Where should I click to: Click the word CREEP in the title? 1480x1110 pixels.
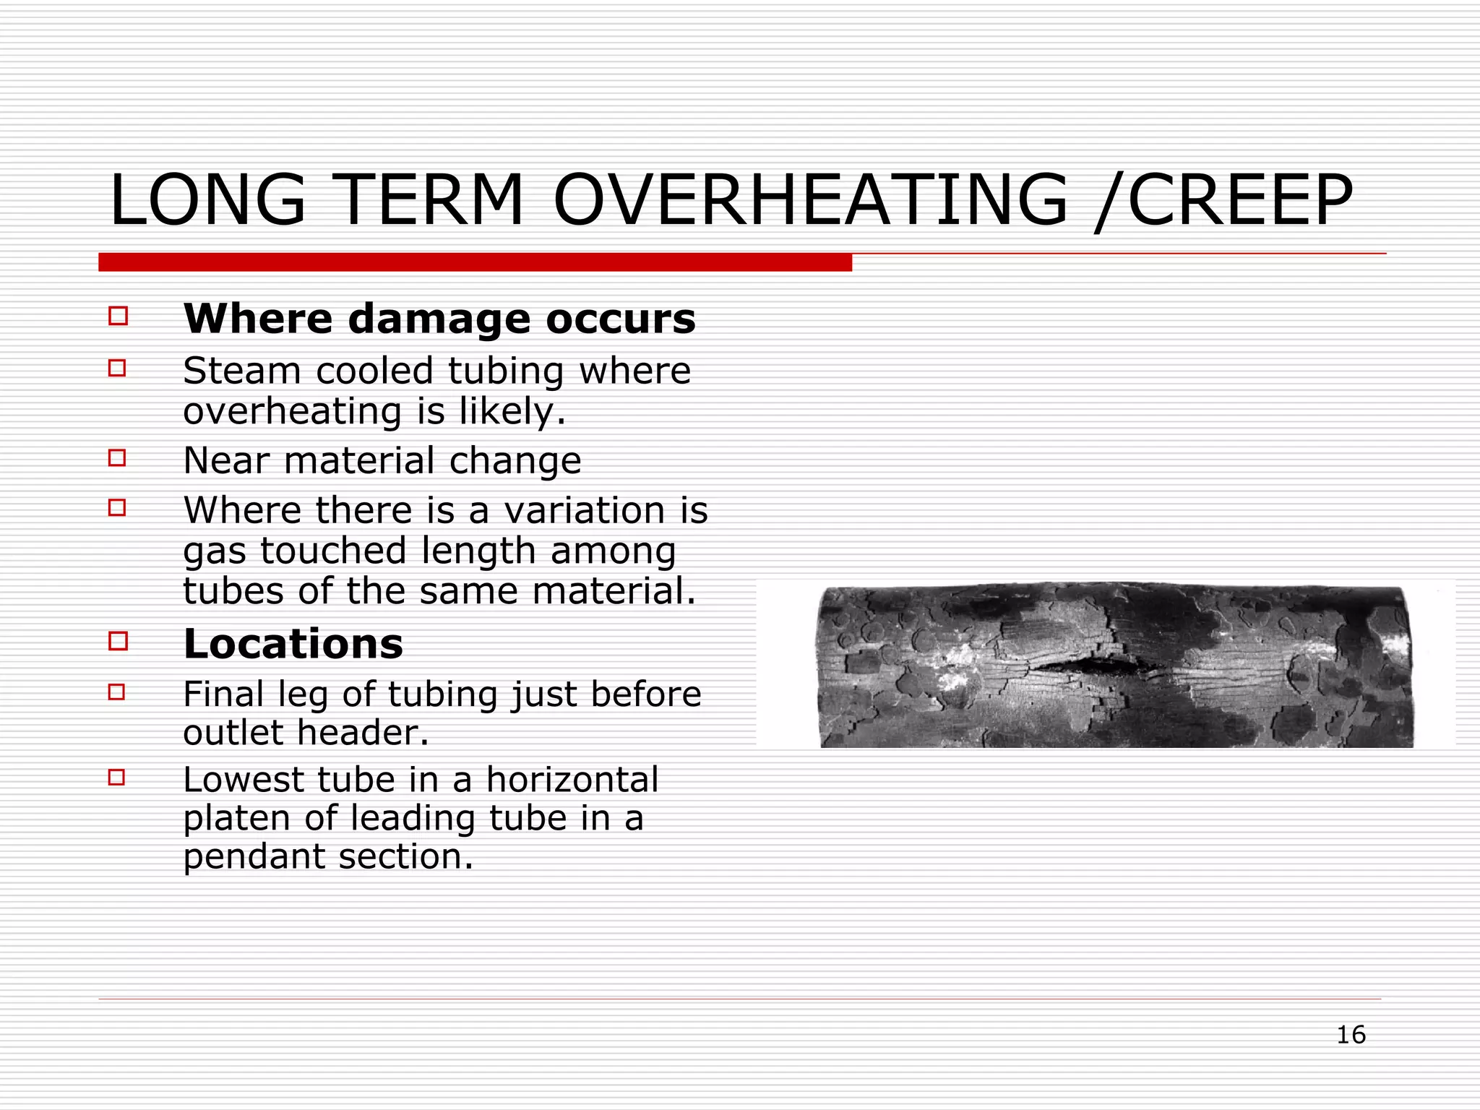[x=1239, y=201]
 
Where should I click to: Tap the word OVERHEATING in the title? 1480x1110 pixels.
[x=809, y=201]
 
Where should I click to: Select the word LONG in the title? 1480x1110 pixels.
[x=208, y=201]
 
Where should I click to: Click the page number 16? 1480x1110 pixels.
[x=1350, y=1035]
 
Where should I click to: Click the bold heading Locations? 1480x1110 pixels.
[x=293, y=644]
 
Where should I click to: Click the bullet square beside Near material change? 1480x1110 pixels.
[x=117, y=457]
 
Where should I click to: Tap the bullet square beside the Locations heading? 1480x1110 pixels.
[x=118, y=640]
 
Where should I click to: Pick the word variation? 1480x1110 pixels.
[x=585, y=511]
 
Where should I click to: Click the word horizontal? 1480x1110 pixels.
[x=572, y=780]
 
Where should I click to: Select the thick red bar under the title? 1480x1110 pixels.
[x=475, y=262]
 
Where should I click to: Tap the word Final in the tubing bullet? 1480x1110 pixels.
[x=221, y=694]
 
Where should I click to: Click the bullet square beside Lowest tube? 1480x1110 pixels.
[x=117, y=778]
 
